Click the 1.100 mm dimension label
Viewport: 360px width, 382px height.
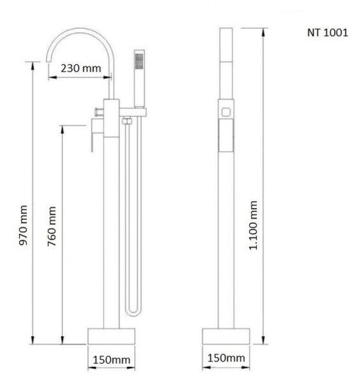pos(254,224)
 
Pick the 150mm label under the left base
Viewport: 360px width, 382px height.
pos(112,360)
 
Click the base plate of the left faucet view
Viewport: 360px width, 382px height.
pos(111,336)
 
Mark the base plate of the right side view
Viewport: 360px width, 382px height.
pos(226,336)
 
